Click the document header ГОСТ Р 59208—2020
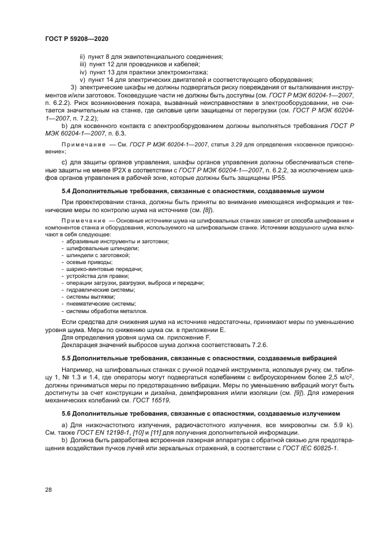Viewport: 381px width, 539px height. [77, 38]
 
